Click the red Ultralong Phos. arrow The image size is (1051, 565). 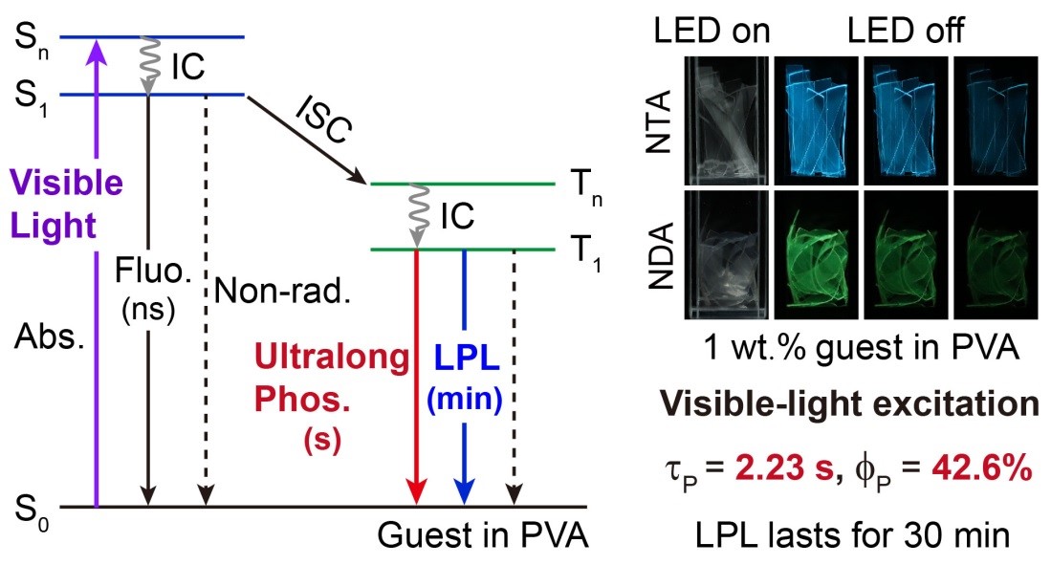[x=416, y=382]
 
